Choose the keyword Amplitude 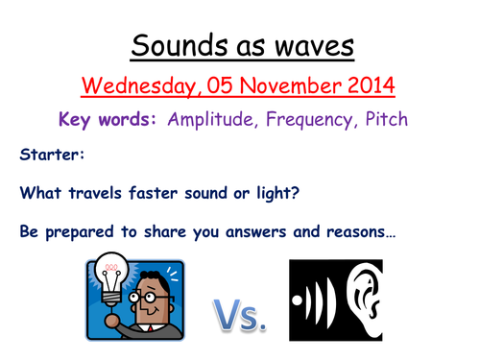205,121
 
